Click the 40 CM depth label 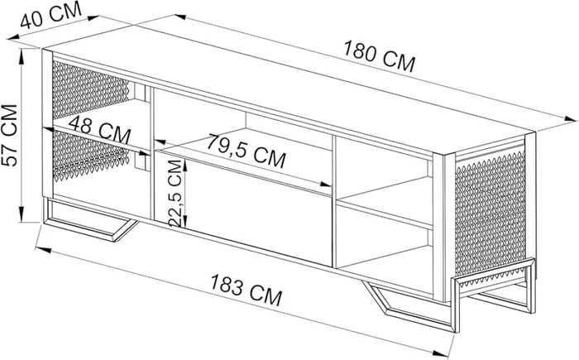pyautogui.click(x=50, y=15)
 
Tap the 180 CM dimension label pyautogui.click(x=380, y=56)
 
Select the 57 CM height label pyautogui.click(x=10, y=135)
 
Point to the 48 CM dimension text pyautogui.click(x=100, y=130)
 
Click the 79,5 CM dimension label pyautogui.click(x=246, y=151)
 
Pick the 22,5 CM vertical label pyautogui.click(x=176, y=193)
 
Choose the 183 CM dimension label pyautogui.click(x=246, y=290)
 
